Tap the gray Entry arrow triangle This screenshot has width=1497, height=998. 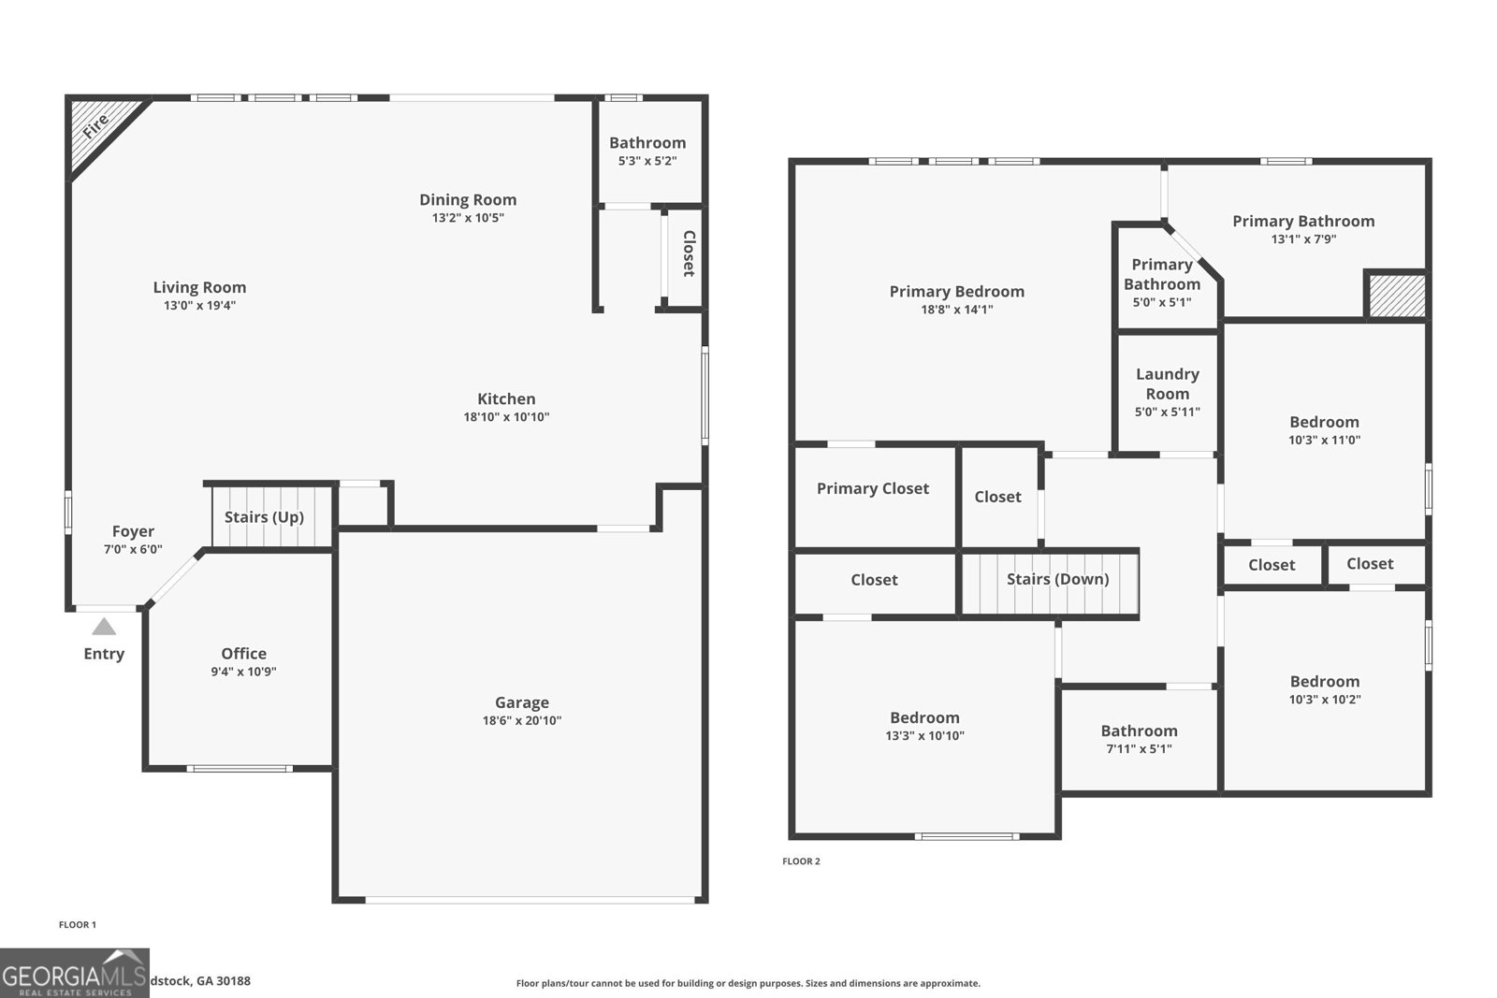click(104, 627)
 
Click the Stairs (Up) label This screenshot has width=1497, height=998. click(264, 516)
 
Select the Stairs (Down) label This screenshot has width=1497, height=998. click(1057, 579)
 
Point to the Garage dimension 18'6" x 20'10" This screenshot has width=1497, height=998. click(522, 720)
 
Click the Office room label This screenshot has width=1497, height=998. click(243, 653)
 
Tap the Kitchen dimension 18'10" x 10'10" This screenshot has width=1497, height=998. click(506, 417)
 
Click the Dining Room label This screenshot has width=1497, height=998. click(468, 199)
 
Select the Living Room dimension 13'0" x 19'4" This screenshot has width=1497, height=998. click(199, 305)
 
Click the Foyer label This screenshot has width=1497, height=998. click(133, 530)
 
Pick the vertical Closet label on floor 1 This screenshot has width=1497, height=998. click(689, 253)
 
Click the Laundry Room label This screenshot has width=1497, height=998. click(1167, 383)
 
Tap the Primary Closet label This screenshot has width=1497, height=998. click(872, 488)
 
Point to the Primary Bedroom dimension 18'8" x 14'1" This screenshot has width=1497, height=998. click(956, 310)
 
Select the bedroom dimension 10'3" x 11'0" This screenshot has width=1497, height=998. click(1324, 440)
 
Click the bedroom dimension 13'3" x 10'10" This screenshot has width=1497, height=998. click(924, 735)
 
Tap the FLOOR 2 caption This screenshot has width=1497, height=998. click(801, 861)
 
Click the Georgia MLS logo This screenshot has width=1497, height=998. click(75, 974)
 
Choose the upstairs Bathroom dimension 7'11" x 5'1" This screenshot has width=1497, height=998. click(1139, 748)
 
